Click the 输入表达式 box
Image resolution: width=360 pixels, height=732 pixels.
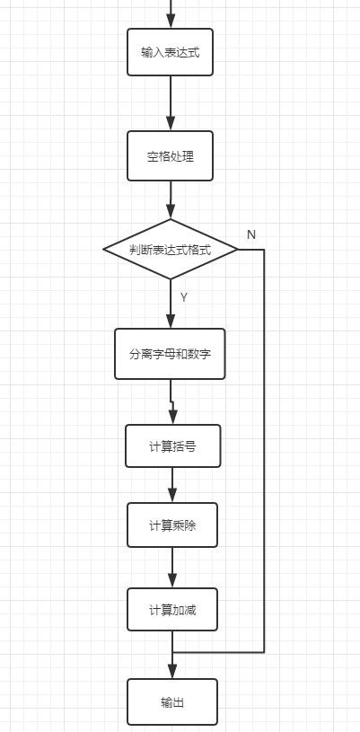[170, 52]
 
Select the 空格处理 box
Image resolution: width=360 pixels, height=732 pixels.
[170, 156]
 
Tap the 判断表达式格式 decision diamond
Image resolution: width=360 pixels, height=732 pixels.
[171, 250]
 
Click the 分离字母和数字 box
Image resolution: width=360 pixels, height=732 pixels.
[170, 354]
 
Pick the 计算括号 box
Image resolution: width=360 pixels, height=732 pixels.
[172, 445]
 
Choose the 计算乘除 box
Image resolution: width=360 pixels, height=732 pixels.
[172, 525]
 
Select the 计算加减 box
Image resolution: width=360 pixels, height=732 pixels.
[172, 609]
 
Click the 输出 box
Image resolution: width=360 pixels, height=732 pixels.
[172, 701]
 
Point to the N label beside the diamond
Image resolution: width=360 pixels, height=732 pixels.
[251, 234]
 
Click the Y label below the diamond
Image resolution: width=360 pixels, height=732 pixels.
[184, 297]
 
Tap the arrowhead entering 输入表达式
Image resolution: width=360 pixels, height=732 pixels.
[171, 21]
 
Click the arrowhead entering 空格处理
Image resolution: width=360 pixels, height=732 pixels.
[171, 123]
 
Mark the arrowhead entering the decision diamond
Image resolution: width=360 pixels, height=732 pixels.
[171, 211]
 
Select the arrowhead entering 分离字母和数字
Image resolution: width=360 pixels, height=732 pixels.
[171, 321]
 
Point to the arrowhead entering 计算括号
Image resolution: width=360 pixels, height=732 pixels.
[173, 417]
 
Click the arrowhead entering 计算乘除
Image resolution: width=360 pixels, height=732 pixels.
[172, 495]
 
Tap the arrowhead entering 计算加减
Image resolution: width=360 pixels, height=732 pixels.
[172, 580]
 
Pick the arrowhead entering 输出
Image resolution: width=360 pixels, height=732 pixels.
[172, 671]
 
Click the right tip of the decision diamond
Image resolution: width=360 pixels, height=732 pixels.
[238, 250]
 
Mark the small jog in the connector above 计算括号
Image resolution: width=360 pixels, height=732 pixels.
[171, 401]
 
